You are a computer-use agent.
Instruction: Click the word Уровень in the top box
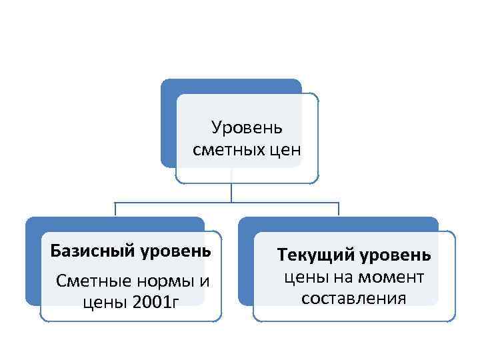tap(247, 127)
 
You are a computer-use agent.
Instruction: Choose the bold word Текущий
tap(316, 255)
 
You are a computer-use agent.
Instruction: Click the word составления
tap(353, 298)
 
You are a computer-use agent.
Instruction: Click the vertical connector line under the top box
tap(231, 192)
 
